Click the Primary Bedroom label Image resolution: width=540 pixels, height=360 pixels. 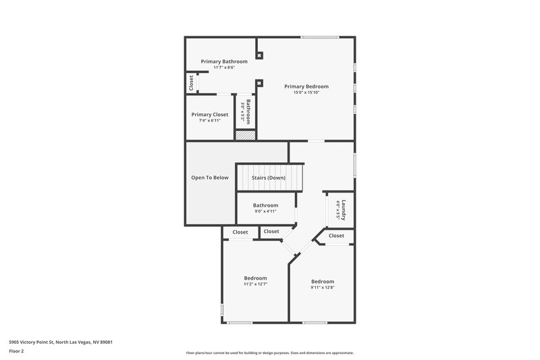pyautogui.click(x=306, y=86)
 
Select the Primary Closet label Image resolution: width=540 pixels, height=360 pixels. pyautogui.click(x=209, y=115)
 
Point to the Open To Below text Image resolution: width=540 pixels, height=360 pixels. pyautogui.click(x=209, y=178)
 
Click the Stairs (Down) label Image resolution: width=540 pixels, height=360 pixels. pyautogui.click(x=269, y=178)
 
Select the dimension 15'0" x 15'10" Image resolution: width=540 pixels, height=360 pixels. pyautogui.click(x=306, y=93)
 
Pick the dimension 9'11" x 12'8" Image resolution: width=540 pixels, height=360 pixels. pyautogui.click(x=322, y=288)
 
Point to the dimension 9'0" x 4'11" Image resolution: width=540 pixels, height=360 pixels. pyautogui.click(x=265, y=211)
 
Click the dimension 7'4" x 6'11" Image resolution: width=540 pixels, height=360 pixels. pyautogui.click(x=209, y=121)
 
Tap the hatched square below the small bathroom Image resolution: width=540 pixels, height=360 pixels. pyautogui.click(x=244, y=134)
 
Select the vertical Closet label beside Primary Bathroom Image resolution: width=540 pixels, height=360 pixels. pyautogui.click(x=191, y=83)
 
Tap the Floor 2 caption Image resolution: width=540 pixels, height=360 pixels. pyautogui.click(x=17, y=351)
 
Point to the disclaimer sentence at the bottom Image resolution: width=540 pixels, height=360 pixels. pyautogui.click(x=269, y=353)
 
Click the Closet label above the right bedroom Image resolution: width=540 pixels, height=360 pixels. pyautogui.click(x=336, y=236)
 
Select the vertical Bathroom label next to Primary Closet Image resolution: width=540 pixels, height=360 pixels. pyautogui.click(x=248, y=111)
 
